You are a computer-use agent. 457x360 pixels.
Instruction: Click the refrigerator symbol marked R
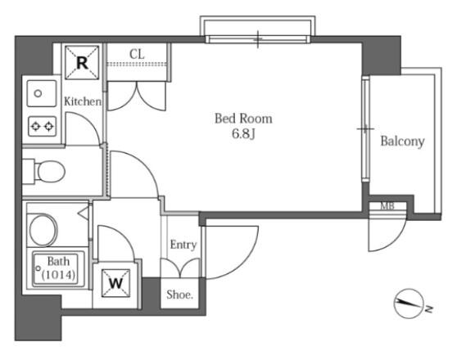[82, 62]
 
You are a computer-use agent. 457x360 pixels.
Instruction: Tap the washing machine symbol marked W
[115, 283]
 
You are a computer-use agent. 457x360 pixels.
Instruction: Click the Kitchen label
[83, 101]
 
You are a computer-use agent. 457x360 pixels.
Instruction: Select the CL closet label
[137, 54]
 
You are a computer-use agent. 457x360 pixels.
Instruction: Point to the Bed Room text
[244, 119]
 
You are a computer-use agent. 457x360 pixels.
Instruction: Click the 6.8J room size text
[244, 134]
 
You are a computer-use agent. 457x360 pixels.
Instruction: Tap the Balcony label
[402, 142]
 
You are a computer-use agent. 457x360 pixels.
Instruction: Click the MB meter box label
[387, 206]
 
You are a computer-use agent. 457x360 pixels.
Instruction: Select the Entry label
[183, 245]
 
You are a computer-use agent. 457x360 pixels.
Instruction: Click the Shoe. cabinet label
[180, 295]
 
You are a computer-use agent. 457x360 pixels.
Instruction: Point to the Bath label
[58, 261]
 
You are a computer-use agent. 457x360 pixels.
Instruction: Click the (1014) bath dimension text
[59, 274]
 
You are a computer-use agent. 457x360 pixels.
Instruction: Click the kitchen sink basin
[42, 93]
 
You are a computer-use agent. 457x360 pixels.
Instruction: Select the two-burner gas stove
[43, 126]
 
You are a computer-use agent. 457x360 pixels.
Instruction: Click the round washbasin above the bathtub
[43, 230]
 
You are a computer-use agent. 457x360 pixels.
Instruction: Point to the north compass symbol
[409, 304]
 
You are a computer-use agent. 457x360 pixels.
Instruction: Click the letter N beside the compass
[428, 309]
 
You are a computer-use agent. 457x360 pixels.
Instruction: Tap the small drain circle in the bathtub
[38, 268]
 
